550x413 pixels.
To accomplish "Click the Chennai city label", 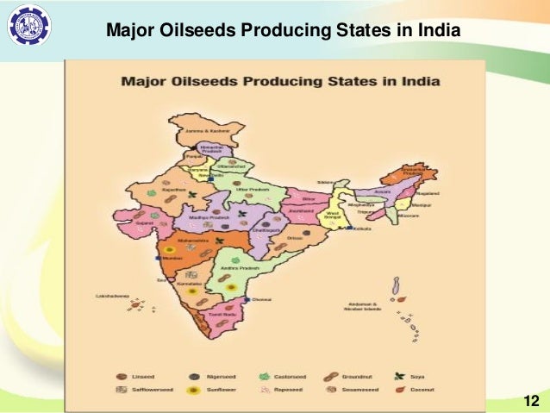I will click(x=262, y=299).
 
